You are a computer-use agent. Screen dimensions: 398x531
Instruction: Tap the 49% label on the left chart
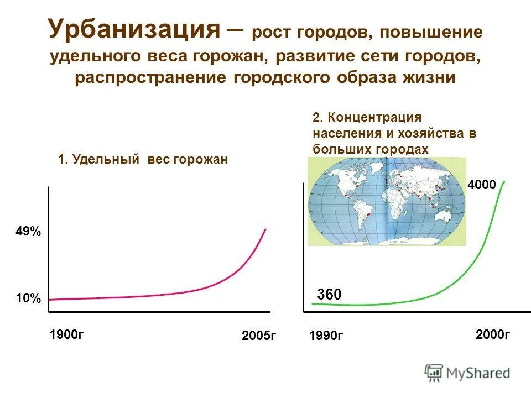28,232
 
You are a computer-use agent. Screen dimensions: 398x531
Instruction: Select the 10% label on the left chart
28,299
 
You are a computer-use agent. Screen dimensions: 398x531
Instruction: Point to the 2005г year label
258,336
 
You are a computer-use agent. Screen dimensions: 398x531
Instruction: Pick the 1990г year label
326,336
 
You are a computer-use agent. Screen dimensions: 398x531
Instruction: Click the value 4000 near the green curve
481,185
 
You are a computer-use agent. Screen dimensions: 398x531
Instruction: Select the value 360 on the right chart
329,296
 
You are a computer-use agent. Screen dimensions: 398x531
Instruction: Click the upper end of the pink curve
265,229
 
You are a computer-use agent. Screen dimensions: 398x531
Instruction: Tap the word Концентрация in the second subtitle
374,118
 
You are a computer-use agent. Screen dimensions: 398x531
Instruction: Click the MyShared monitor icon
434,373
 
